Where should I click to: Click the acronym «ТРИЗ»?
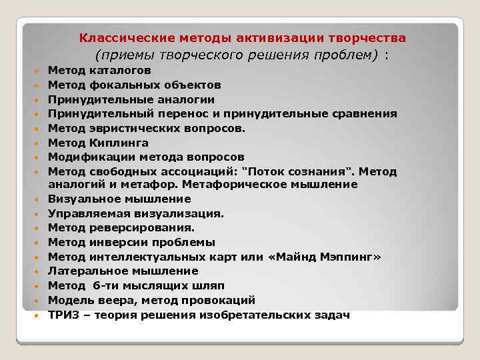point(63,315)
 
